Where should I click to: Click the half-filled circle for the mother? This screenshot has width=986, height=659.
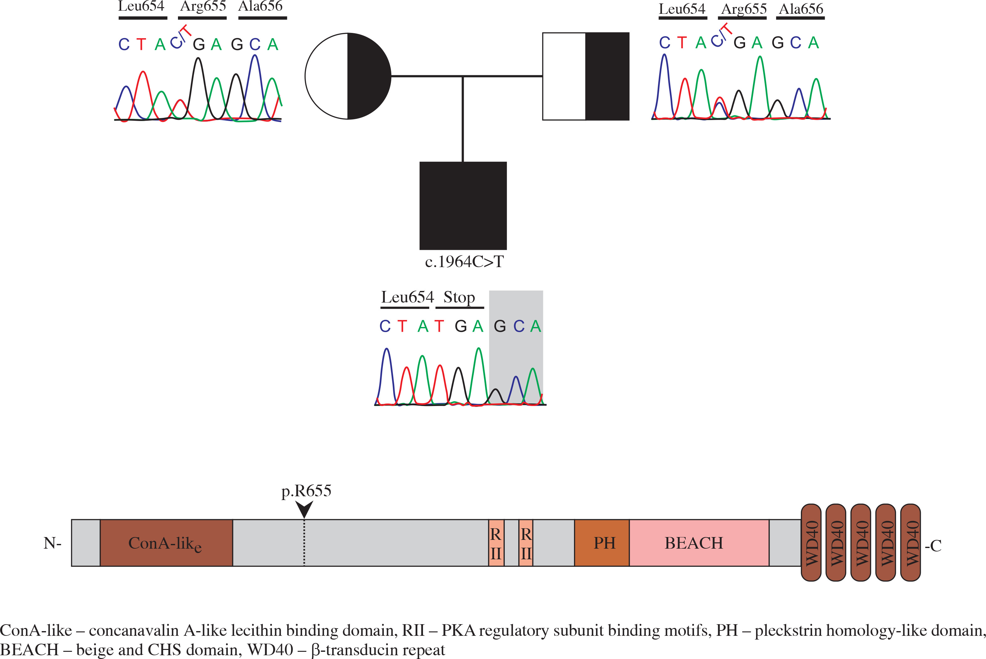click(x=348, y=76)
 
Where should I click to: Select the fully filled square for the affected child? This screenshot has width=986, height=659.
click(x=463, y=206)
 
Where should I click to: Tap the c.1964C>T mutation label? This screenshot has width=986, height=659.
click(x=464, y=262)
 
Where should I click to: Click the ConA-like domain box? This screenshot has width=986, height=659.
click(x=166, y=543)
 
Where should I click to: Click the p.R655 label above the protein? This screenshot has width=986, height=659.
click(x=306, y=490)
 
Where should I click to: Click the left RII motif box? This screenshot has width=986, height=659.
click(x=496, y=543)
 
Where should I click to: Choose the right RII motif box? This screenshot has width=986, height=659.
click(x=526, y=543)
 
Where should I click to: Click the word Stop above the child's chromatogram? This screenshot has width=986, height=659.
click(x=459, y=297)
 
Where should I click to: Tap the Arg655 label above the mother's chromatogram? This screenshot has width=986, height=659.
click(x=203, y=6)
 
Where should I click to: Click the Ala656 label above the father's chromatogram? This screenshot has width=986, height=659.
click(x=801, y=9)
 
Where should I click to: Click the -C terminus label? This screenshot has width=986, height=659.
click(x=933, y=546)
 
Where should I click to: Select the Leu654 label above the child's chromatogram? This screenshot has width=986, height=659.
click(x=407, y=297)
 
